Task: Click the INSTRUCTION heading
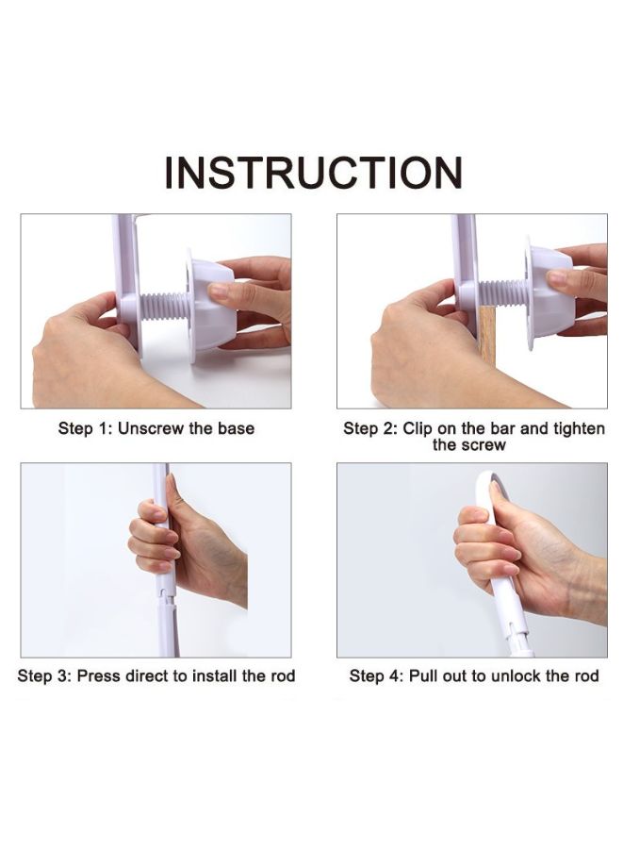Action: coord(313,173)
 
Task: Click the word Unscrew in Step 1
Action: coord(151,428)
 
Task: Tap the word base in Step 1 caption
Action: coord(236,428)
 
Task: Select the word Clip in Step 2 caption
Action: coord(418,429)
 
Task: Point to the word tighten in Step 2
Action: coord(579,429)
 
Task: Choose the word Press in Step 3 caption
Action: coord(99,676)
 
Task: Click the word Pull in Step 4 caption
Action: coord(423,676)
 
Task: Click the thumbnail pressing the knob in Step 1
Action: coord(219,292)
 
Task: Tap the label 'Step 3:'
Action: coord(44,676)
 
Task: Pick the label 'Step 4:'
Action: coord(376,676)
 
